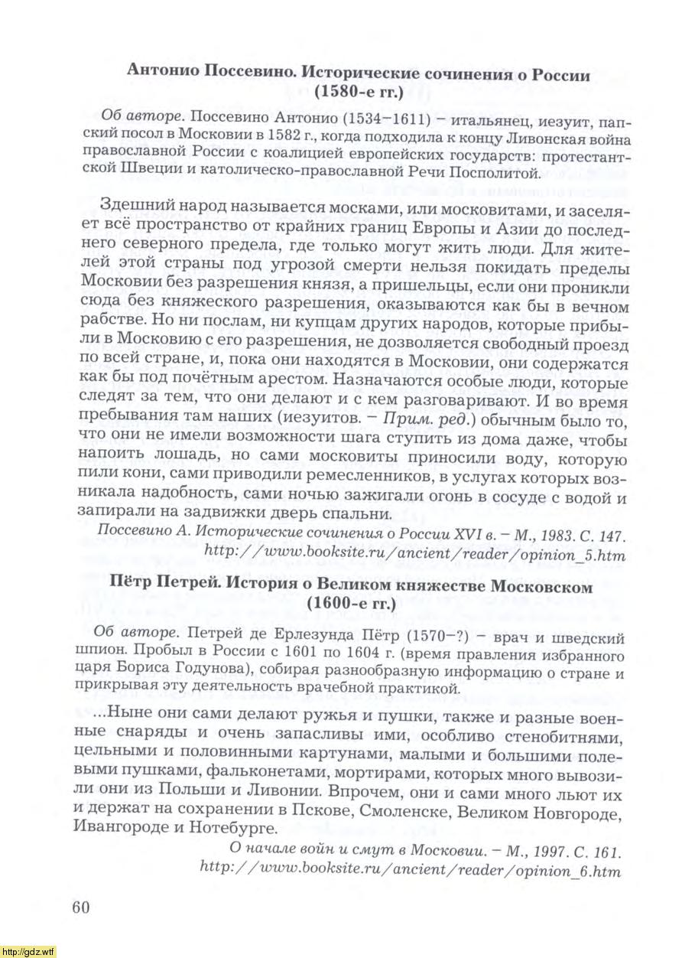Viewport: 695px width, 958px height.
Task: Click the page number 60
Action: [81, 907]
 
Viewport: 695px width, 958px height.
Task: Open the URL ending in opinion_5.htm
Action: [413, 556]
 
